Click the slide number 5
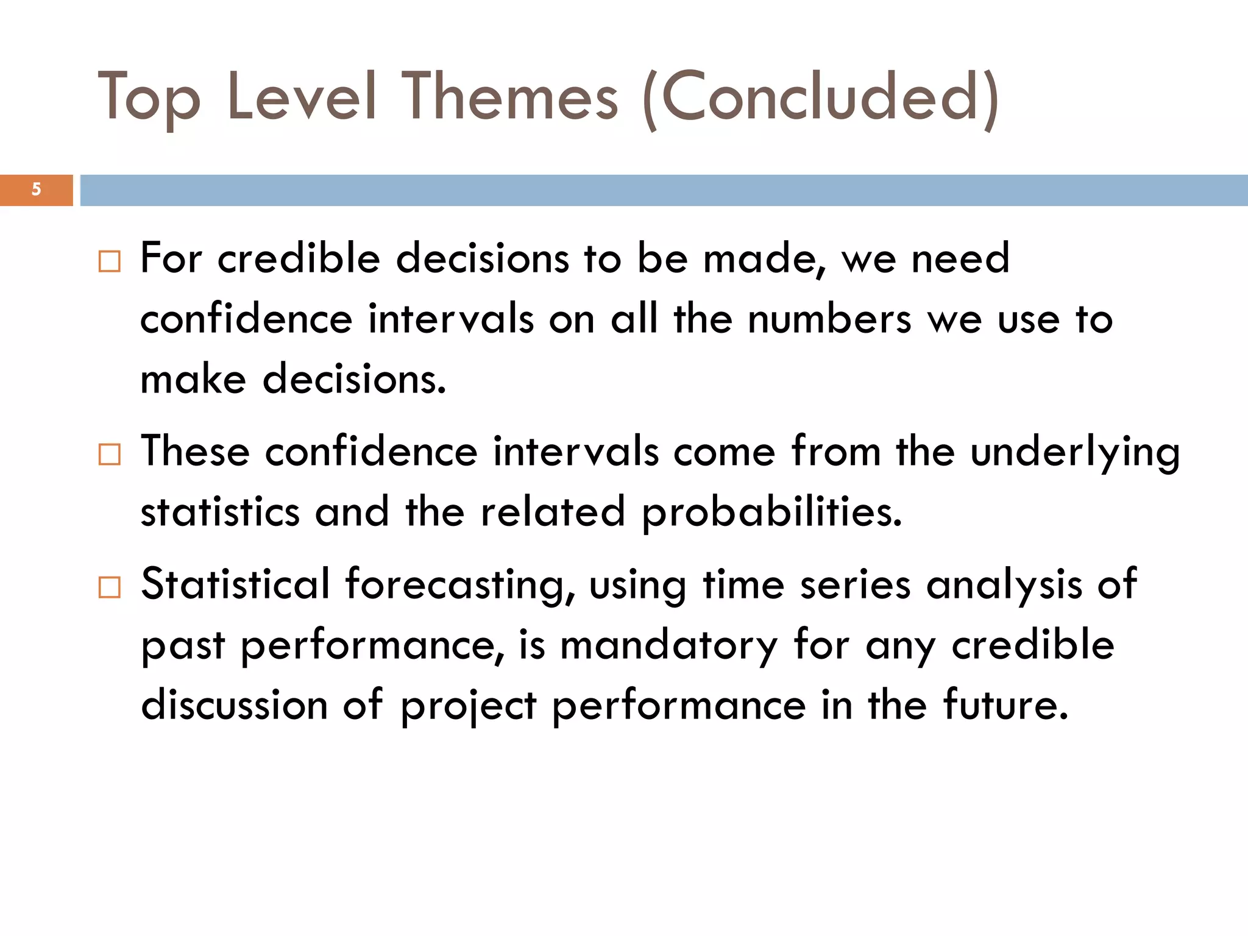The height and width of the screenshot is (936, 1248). click(36, 190)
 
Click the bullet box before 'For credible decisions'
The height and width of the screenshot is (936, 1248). click(110, 261)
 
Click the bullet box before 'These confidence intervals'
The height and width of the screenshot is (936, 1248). click(110, 455)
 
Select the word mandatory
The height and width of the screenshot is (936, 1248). click(668, 645)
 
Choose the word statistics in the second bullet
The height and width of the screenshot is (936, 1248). click(220, 512)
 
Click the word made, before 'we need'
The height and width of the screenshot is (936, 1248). click(764, 258)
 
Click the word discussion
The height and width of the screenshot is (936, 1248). click(234, 705)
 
